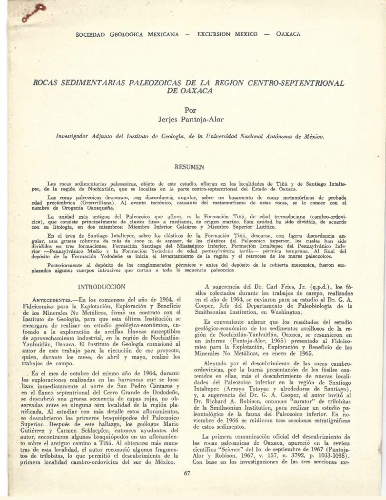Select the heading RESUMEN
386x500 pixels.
[188, 167]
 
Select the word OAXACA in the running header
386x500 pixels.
[288, 34]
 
